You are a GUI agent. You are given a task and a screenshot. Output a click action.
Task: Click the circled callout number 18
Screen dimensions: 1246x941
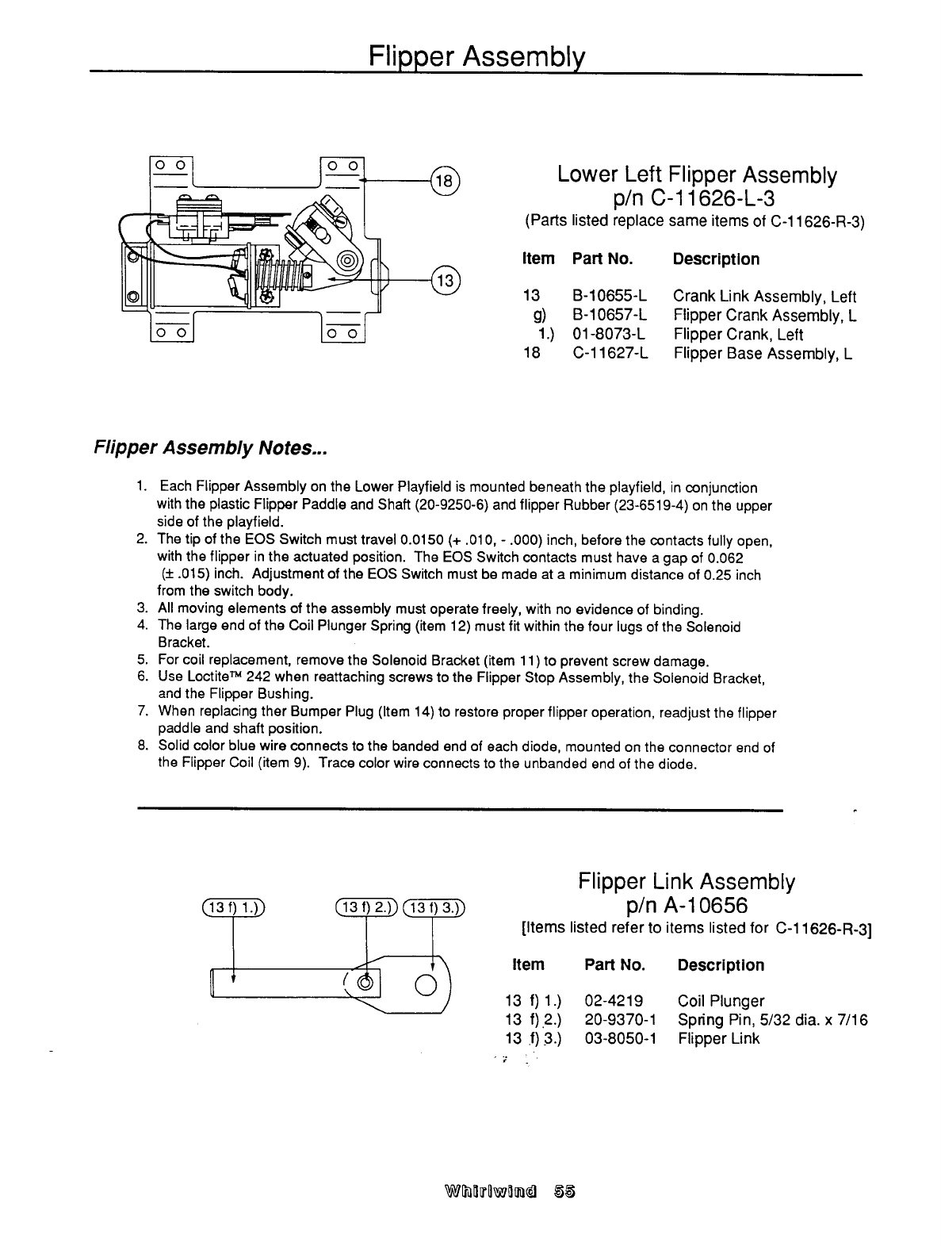point(445,181)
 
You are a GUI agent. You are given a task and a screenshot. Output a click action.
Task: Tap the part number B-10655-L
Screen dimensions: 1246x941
point(610,297)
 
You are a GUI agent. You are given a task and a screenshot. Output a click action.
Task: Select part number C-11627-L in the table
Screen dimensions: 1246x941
point(610,353)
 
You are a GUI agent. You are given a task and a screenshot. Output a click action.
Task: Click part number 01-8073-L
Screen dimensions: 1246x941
point(610,334)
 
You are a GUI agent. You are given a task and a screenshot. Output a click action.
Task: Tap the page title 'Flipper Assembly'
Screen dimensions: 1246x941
point(476,56)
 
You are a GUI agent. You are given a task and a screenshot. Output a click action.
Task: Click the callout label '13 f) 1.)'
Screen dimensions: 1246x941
point(234,909)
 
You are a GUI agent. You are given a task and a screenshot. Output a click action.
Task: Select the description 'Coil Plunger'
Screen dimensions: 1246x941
point(721,1001)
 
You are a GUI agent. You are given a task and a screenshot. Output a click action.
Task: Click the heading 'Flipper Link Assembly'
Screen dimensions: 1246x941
point(687,882)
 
